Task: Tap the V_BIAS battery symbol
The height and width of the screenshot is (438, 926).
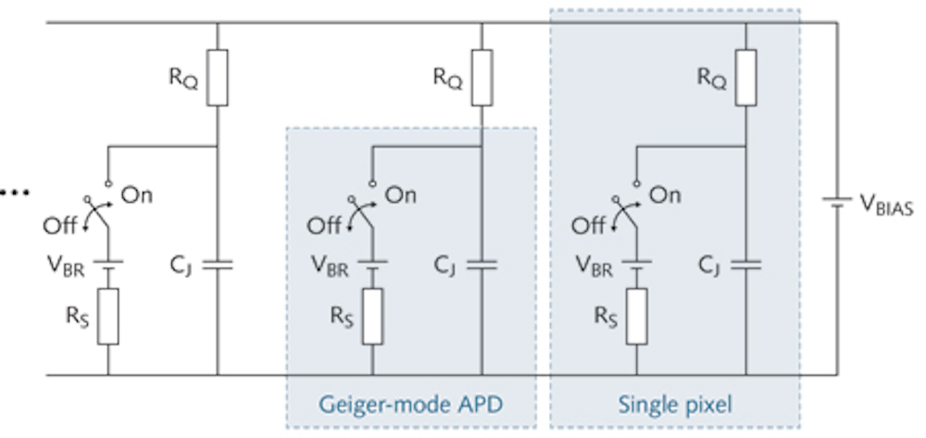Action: point(837,199)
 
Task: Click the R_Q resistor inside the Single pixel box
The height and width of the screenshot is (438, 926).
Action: point(745,75)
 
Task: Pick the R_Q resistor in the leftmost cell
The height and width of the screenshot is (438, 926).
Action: point(217,75)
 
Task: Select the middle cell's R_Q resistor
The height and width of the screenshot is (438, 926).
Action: point(482,75)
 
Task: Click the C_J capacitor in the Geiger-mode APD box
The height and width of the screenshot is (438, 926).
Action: point(482,265)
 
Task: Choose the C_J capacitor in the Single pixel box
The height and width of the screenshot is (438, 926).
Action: point(745,265)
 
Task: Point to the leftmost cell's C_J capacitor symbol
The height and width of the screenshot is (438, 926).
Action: point(217,265)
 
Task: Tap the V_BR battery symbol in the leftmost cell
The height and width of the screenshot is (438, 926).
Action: point(108,265)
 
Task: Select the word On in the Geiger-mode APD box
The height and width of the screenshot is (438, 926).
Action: point(400,195)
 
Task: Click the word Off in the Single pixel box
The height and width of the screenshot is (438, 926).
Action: point(589,225)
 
